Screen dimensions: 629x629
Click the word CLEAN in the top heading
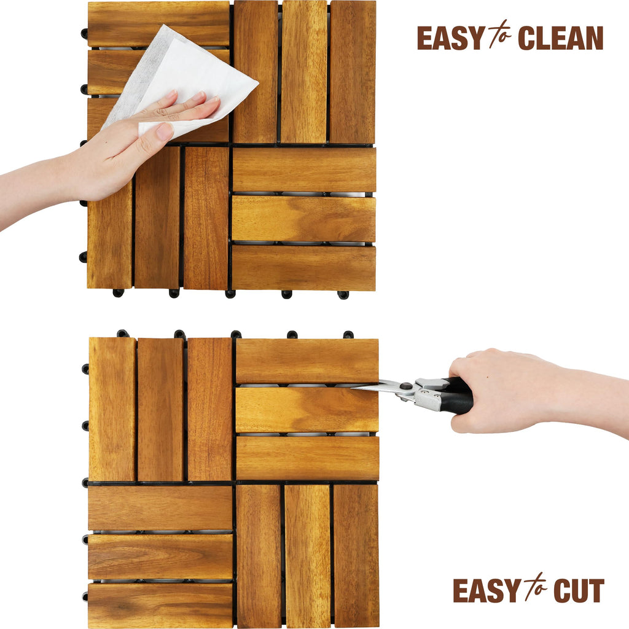pos(560,38)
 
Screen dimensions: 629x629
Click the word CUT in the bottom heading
pos(579,590)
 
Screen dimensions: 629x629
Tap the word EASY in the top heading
pos(451,38)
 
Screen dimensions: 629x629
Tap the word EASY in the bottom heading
pos(487,590)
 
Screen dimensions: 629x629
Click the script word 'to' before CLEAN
pos(500,34)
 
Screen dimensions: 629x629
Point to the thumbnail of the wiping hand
pos(165,131)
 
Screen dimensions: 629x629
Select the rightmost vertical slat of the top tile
pos(352,72)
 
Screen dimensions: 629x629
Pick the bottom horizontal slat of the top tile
pos(303,268)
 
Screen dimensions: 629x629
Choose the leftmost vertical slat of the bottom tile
pos(112,409)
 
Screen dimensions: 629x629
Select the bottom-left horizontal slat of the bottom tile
pos(160,606)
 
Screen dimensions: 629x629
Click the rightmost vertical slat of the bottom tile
pos(356,557)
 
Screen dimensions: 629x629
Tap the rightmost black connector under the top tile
pos(343,295)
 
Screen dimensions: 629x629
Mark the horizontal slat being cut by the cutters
pos(307,410)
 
